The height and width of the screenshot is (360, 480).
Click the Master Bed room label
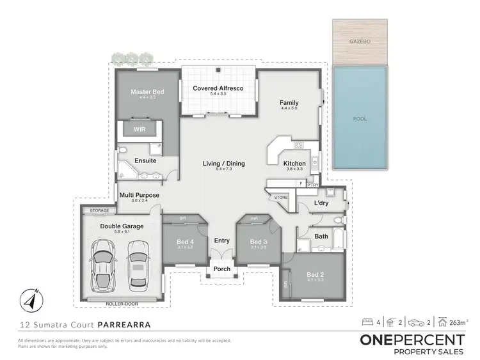click(x=147, y=92)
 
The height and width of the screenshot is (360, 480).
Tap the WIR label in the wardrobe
click(x=140, y=129)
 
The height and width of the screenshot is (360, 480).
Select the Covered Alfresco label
click(x=218, y=88)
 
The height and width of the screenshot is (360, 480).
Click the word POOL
click(x=360, y=119)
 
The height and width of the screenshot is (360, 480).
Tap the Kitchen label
click(x=294, y=164)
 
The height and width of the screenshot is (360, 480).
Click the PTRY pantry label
click(x=313, y=184)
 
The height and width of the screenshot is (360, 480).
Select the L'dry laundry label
click(x=321, y=203)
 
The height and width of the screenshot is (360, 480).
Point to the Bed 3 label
click(x=257, y=241)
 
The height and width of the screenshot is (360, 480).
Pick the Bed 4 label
click(x=185, y=241)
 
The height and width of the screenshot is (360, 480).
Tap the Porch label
click(x=221, y=269)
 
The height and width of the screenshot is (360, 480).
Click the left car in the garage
click(x=104, y=265)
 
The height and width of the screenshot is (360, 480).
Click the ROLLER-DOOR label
click(x=121, y=298)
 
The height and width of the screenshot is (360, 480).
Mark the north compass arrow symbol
click(x=30, y=297)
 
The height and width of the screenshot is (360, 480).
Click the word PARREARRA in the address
click(x=124, y=324)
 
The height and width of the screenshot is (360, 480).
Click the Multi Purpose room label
click(x=139, y=195)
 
